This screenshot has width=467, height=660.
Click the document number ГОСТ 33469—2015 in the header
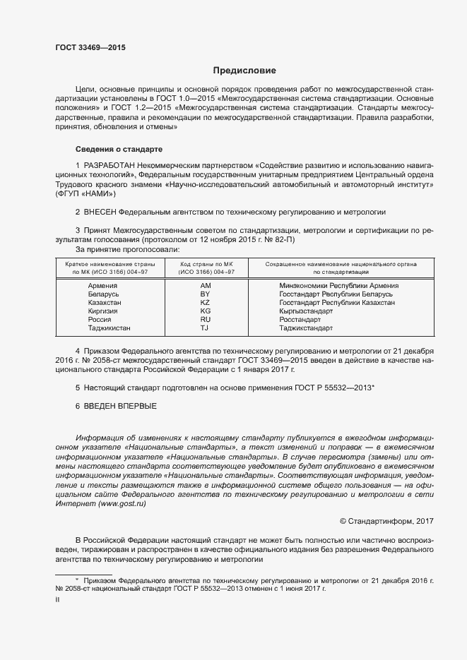90,47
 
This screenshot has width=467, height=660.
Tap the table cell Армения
102,286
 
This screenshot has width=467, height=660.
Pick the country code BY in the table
206,294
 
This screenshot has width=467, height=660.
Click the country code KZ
206,303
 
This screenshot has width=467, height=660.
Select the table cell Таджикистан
110,328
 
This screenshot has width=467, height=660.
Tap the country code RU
206,320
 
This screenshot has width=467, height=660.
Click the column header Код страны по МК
206,264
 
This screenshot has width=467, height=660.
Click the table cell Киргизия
102,311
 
